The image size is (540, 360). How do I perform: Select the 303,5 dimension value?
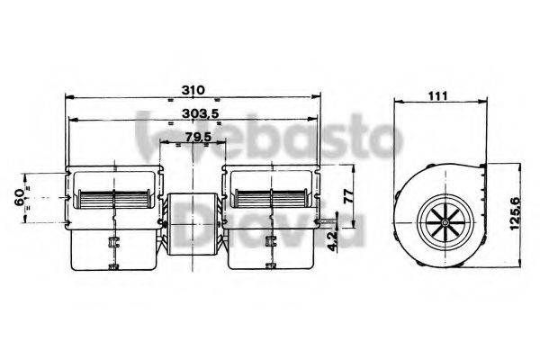(x=197, y=113)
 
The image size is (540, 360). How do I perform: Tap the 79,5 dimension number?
(x=198, y=137)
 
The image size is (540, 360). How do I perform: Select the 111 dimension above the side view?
(x=439, y=94)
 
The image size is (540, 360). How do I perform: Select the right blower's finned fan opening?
(x=272, y=200)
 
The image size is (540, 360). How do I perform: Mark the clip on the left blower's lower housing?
(x=112, y=241)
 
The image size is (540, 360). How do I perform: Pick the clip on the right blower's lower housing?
(x=271, y=241)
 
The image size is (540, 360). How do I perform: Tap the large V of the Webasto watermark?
(x=151, y=135)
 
